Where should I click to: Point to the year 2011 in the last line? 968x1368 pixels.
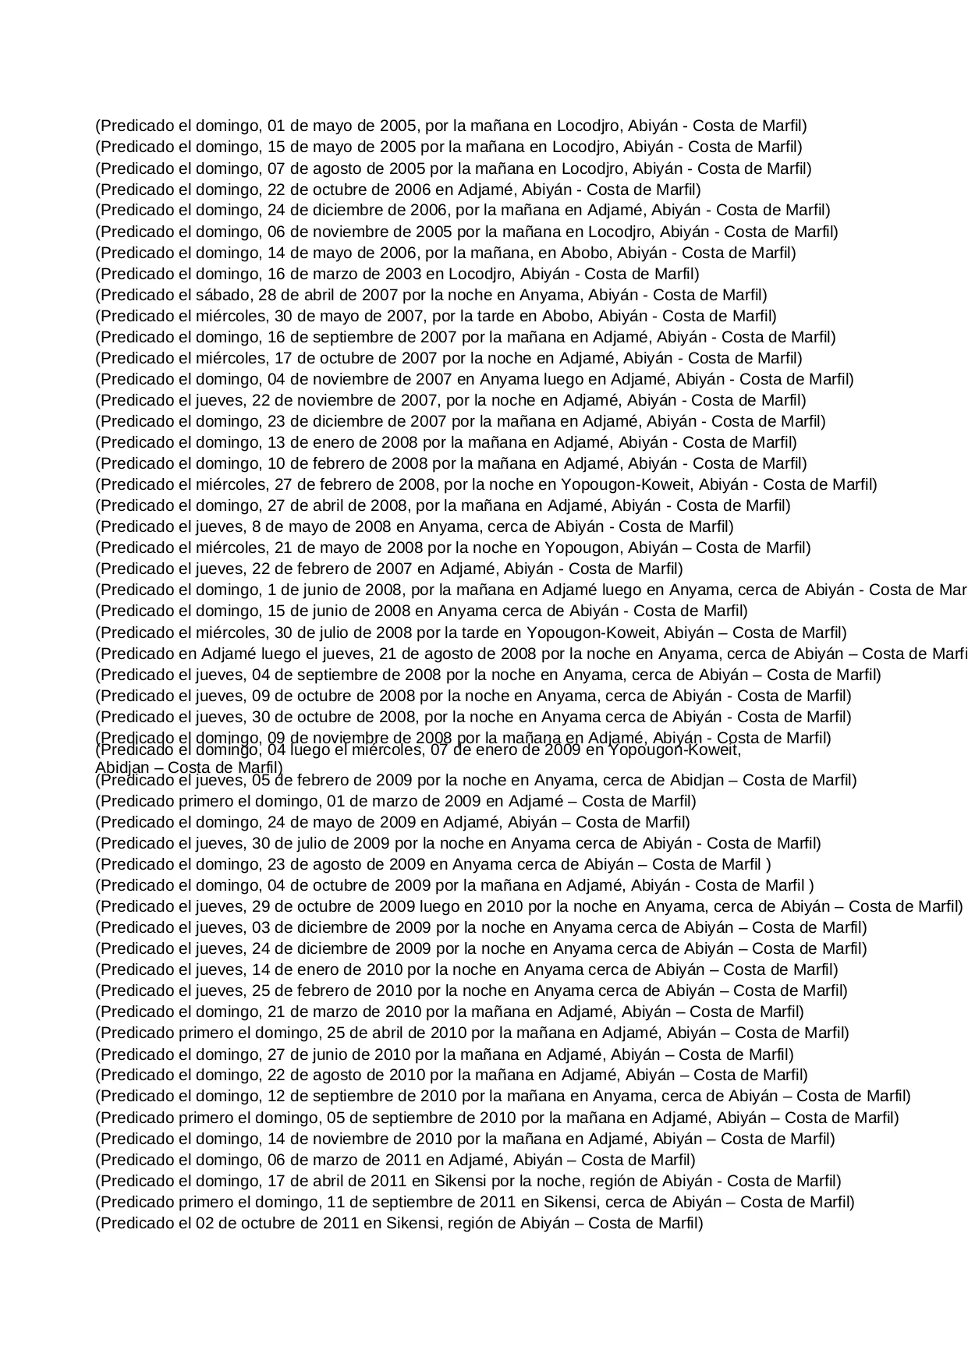tap(341, 1223)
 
